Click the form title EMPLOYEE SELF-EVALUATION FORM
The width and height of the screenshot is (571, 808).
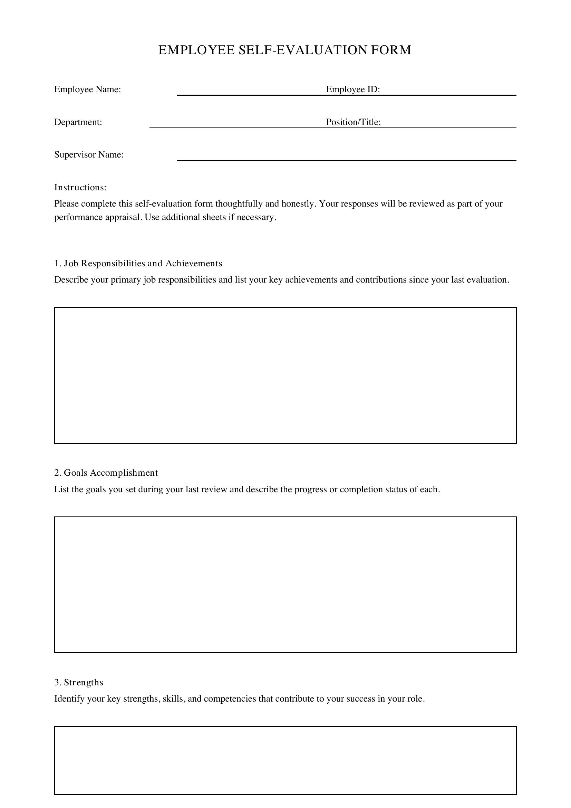pos(285,50)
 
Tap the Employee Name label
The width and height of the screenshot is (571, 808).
pos(88,89)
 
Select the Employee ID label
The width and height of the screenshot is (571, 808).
pos(353,89)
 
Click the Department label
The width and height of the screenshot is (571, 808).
pos(78,122)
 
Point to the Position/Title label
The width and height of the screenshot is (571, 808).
pos(354,122)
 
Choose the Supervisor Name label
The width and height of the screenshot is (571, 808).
pos(89,155)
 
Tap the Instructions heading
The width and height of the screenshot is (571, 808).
pos(80,188)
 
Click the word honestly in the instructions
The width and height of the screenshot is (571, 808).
pos(298,204)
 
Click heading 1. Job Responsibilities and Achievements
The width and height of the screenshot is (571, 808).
pos(138,264)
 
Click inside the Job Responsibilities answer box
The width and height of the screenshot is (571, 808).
pos(285,375)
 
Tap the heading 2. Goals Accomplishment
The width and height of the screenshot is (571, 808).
pos(106,473)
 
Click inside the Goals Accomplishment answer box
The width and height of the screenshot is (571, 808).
pos(285,584)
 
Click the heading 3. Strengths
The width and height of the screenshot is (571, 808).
pos(79,682)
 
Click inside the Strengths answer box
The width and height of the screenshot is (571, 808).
pos(285,760)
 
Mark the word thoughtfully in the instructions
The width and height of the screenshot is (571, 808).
pos(239,204)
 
